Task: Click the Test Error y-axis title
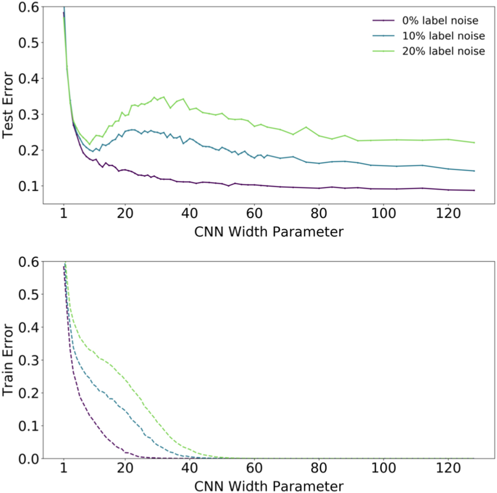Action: [8, 105]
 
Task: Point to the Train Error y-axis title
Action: [8, 360]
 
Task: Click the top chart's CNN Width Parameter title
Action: [264, 232]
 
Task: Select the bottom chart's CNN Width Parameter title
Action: [264, 485]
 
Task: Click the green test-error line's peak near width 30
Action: [163, 97]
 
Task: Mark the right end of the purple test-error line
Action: [474, 190]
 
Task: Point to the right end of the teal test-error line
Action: [474, 171]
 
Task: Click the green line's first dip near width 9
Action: [90, 144]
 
